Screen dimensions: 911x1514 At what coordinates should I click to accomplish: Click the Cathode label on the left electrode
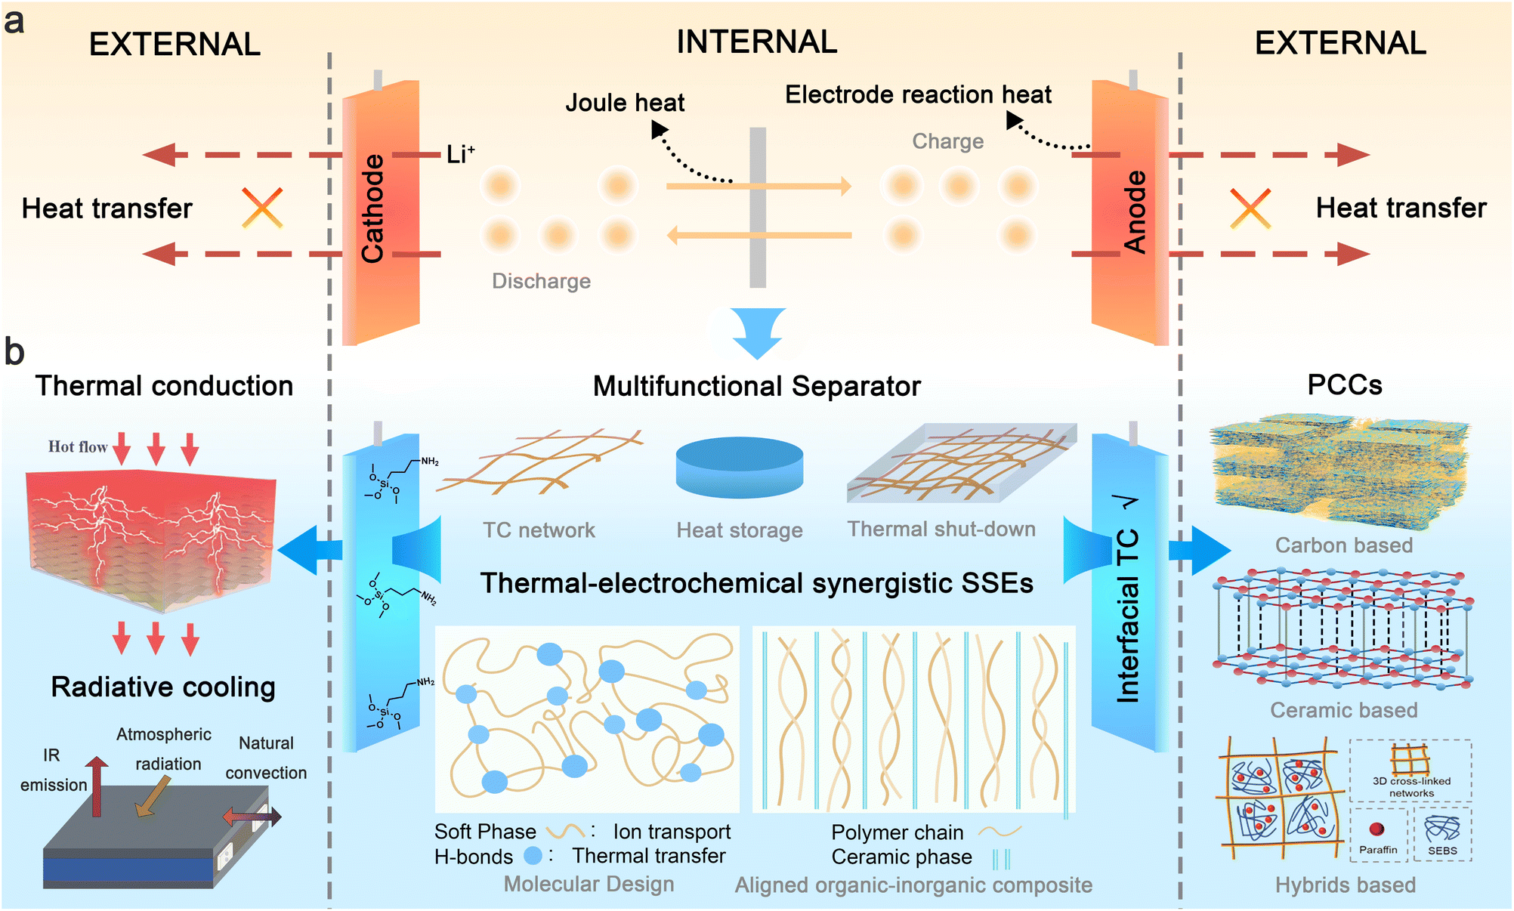click(373, 208)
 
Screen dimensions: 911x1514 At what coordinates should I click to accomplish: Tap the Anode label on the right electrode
click(1135, 211)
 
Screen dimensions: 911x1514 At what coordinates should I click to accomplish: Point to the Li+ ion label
click(460, 154)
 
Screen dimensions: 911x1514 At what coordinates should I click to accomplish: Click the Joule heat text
click(625, 103)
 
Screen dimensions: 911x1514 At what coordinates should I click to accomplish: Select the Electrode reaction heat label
click(918, 94)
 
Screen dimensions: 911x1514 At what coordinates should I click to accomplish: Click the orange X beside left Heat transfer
click(262, 208)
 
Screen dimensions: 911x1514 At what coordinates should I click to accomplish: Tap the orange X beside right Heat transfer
click(1250, 208)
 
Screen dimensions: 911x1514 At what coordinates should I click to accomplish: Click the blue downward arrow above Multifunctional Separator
click(758, 332)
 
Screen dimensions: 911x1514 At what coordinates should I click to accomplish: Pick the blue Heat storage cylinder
click(739, 465)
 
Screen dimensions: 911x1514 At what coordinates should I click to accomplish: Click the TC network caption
click(539, 530)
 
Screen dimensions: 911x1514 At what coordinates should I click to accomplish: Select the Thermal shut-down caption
click(941, 529)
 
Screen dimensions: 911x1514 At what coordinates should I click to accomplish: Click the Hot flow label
click(78, 446)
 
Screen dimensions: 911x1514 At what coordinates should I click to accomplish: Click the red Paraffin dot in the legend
click(1377, 829)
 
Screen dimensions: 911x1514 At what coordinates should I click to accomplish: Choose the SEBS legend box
click(1442, 835)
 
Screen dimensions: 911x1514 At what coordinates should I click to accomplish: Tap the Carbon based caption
click(1343, 545)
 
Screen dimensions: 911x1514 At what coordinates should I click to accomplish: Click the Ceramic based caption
click(1343, 710)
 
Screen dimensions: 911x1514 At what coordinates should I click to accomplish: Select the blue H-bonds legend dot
click(533, 856)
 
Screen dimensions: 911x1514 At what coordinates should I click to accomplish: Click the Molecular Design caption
click(589, 884)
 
